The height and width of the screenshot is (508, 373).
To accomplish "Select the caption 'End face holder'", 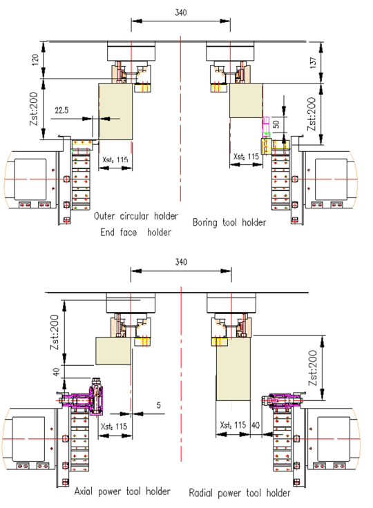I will coord(136,232).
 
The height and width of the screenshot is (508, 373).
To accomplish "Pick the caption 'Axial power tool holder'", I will coord(122,491).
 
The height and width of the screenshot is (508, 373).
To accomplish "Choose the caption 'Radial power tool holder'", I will coord(240,493).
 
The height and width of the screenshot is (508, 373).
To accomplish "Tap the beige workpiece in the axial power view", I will coord(113,351).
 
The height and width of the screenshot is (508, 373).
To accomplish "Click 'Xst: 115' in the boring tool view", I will coord(245,157).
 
